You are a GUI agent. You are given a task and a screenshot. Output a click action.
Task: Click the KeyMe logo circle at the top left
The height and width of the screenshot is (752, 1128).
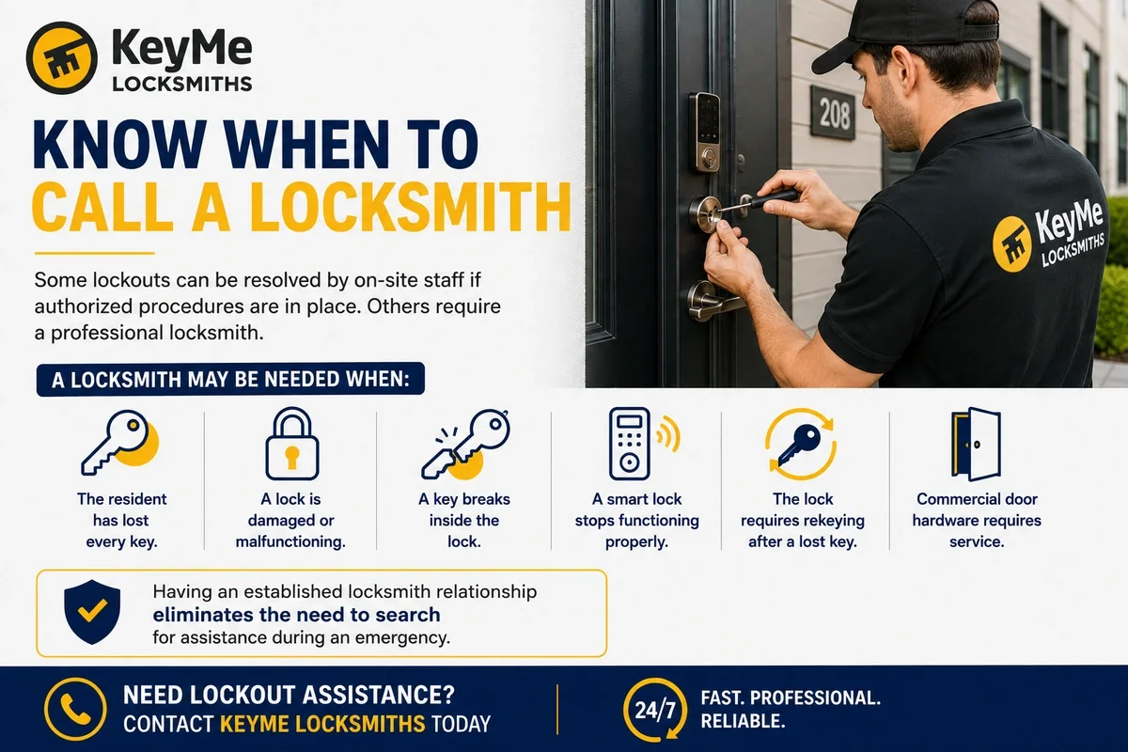[61, 58]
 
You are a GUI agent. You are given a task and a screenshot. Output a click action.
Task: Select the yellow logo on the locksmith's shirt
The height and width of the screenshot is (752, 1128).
[1011, 244]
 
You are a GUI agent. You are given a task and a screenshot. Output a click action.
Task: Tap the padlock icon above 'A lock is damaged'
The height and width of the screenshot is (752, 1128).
[292, 444]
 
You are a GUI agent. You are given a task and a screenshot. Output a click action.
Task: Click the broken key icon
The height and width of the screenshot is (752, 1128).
[465, 445]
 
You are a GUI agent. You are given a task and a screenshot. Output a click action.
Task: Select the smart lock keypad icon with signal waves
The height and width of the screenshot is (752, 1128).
[644, 444]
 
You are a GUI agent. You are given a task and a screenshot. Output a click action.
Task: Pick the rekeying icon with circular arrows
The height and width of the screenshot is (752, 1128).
[801, 445]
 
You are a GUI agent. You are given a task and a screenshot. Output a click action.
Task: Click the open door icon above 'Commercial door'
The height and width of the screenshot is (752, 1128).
[976, 445]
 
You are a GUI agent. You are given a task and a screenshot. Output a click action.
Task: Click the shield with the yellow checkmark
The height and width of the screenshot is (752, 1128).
[92, 612]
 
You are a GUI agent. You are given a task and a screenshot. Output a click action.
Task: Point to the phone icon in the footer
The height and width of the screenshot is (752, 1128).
[75, 709]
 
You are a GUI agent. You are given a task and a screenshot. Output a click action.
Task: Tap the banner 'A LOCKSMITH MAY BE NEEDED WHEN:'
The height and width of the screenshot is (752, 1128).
[230, 379]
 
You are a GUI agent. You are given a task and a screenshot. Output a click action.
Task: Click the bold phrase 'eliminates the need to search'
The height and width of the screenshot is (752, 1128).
[297, 615]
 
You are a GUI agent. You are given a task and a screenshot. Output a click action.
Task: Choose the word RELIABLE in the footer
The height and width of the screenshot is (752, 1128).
[744, 721]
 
